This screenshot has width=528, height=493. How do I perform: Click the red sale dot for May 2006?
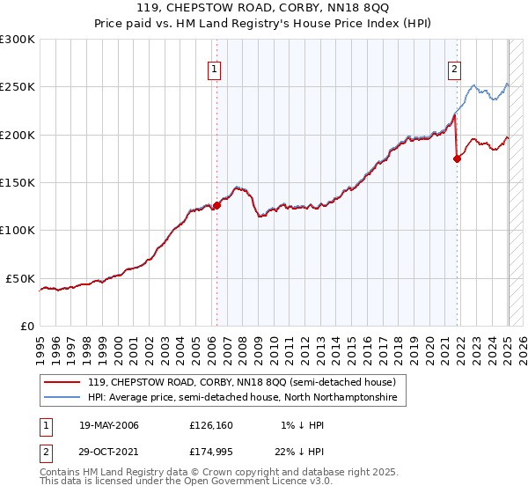point(217,206)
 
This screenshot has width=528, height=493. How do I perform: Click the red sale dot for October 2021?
point(457,159)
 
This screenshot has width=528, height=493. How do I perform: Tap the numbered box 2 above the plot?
point(454,70)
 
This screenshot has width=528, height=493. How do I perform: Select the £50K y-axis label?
point(21,278)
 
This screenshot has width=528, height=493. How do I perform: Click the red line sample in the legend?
point(62,383)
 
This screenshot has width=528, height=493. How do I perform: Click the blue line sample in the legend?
point(62,398)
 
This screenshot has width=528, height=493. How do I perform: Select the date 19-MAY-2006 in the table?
point(108,425)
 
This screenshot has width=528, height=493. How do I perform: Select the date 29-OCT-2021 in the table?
point(108,452)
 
